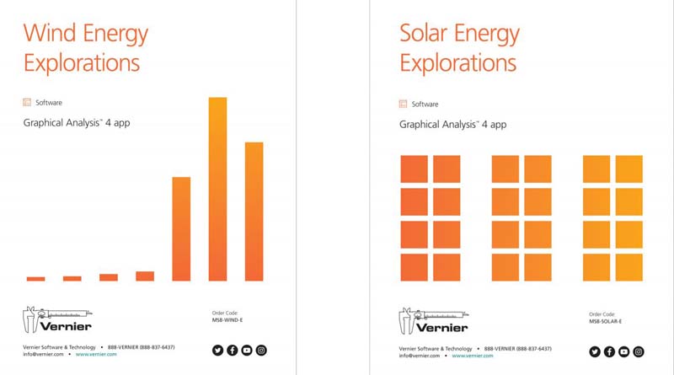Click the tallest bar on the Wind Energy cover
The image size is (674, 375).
click(x=217, y=190)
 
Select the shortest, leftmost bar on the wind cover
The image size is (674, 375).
click(x=35, y=278)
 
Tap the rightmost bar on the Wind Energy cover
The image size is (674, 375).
click(x=254, y=212)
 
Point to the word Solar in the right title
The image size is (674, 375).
click(x=425, y=34)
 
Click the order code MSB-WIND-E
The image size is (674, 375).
click(x=227, y=321)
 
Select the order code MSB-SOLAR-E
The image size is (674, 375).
click(x=605, y=321)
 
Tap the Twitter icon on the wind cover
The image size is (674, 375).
click(x=217, y=351)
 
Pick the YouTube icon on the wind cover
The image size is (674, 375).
click(x=247, y=351)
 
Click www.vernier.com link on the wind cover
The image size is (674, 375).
click(x=96, y=355)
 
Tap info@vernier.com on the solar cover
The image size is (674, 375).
click(x=422, y=355)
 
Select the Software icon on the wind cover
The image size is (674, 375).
click(x=27, y=103)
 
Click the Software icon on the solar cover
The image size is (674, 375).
click(x=404, y=104)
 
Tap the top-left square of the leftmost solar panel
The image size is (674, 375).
click(x=414, y=169)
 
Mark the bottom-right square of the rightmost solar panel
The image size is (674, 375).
click(x=629, y=267)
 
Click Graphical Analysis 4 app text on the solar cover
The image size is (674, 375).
click(x=452, y=124)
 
